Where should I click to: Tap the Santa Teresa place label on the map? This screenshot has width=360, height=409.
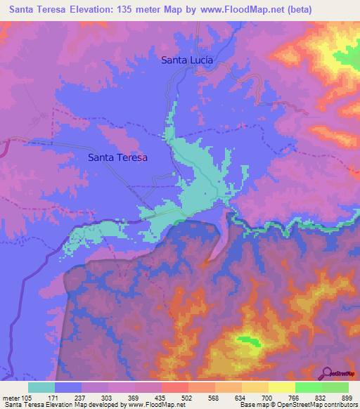coord(117,158)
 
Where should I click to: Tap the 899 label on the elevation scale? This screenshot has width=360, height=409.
coord(346,397)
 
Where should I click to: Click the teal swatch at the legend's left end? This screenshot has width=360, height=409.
coord(41,387)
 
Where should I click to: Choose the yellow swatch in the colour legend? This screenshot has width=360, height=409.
coord(281,387)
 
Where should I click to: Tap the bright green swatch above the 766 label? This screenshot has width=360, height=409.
coord(308,387)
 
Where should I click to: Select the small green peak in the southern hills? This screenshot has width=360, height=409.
coord(245,341)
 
